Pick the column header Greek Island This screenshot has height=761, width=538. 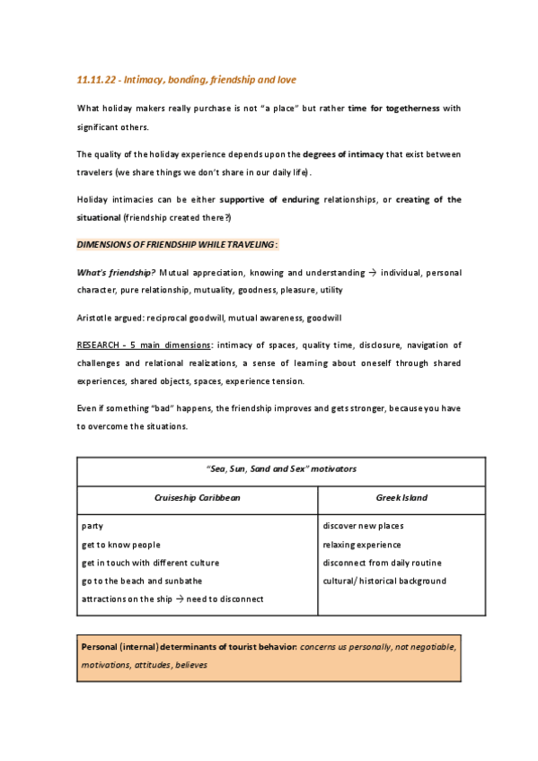pos(401,497)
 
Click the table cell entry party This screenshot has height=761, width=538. pos(92,526)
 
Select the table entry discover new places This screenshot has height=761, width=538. pos(363,526)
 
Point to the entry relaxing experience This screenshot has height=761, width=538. pos(362,545)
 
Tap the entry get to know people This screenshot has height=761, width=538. pos(121,545)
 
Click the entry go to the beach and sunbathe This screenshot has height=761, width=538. pos(142,581)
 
